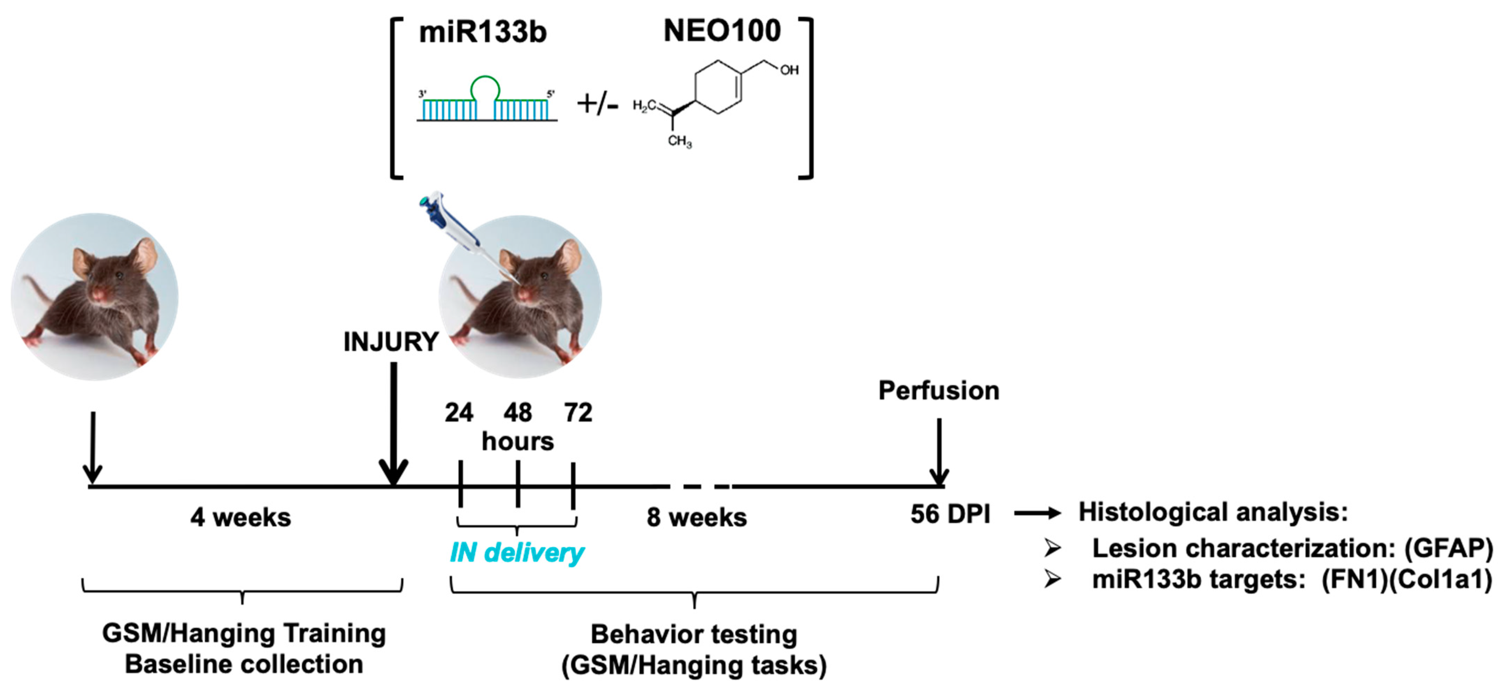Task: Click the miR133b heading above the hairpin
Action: click(483, 32)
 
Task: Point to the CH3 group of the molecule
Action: click(679, 141)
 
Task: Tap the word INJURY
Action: click(390, 342)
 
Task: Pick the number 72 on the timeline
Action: click(578, 413)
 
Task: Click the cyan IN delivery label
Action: click(517, 552)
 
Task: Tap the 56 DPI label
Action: click(950, 514)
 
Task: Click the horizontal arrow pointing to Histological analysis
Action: click(1037, 513)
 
